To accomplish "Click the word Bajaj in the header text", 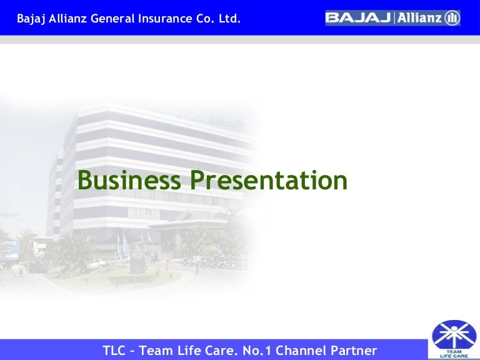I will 31,19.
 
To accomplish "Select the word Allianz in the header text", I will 67,19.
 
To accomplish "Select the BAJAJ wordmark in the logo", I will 358,18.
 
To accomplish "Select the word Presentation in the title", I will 268,181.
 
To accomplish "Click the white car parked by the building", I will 97,263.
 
